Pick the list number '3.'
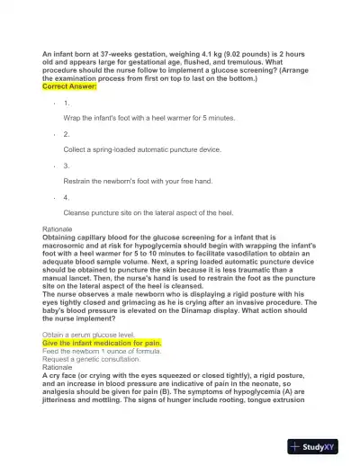(67, 166)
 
